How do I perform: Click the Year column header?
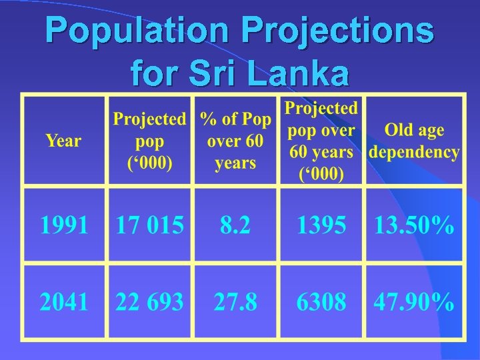click(63, 141)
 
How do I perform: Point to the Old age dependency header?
click(414, 141)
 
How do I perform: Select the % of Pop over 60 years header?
click(236, 141)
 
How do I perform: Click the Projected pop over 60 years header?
click(321, 141)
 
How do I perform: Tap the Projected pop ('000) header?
click(149, 141)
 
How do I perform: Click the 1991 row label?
click(64, 225)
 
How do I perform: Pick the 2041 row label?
click(64, 303)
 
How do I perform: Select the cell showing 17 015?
click(149, 225)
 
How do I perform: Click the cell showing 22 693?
click(149, 303)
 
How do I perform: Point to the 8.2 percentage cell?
click(235, 225)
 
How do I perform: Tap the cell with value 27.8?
click(235, 303)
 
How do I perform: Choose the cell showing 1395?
click(321, 225)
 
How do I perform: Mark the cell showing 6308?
click(321, 303)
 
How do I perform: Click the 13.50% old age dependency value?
click(414, 225)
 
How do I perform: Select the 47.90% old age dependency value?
click(414, 303)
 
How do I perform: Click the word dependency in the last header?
click(414, 153)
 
